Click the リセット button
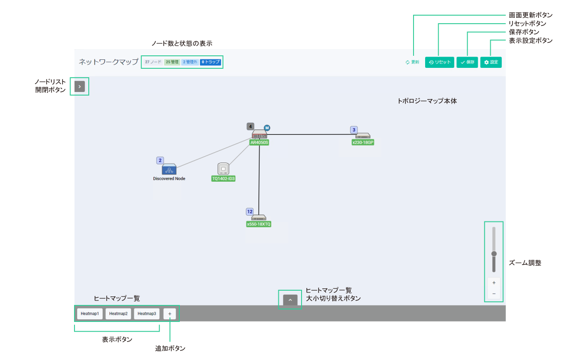point(439,62)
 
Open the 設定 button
point(491,62)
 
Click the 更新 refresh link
point(412,62)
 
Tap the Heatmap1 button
point(90,313)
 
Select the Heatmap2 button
point(118,313)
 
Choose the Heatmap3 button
point(147,313)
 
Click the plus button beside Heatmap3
point(170,313)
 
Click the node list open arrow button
point(79,87)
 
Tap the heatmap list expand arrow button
point(290,300)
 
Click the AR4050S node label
point(259,143)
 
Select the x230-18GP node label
point(363,142)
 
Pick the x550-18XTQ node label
point(259,224)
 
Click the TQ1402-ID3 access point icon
point(223,169)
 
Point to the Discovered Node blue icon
point(169,169)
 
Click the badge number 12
point(250,212)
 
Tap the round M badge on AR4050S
point(267,128)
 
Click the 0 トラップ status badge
point(211,62)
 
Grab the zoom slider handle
point(494,254)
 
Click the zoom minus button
point(494,294)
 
